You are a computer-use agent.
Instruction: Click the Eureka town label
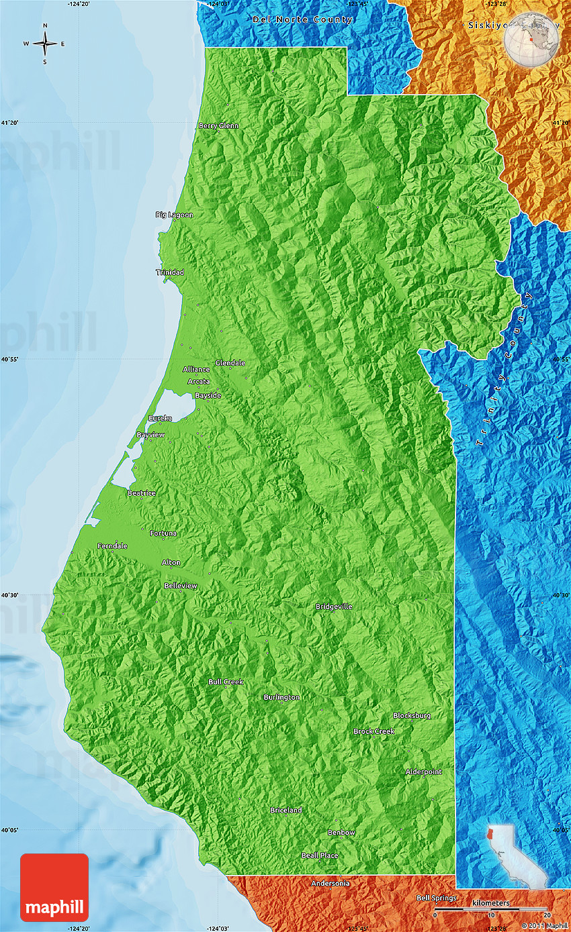click(x=160, y=418)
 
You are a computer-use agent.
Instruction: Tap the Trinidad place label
click(x=170, y=272)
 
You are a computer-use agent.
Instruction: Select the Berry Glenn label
click(x=218, y=125)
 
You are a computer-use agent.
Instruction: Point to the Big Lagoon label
click(x=174, y=215)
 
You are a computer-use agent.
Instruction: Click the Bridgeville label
click(x=334, y=607)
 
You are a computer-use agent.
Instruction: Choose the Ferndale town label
click(x=112, y=546)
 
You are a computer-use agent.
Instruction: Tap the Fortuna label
click(x=163, y=533)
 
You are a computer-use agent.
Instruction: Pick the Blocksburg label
click(x=412, y=715)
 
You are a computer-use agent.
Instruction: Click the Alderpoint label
click(x=424, y=772)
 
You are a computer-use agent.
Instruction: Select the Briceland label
click(x=286, y=810)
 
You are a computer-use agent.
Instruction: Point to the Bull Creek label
click(x=226, y=682)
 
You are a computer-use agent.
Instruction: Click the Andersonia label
click(x=331, y=883)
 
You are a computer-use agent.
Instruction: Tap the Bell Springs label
click(x=437, y=898)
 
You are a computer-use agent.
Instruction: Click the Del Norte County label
click(x=302, y=19)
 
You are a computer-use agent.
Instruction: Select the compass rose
click(x=45, y=44)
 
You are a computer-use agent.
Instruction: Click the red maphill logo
click(x=54, y=886)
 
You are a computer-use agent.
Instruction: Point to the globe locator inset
click(x=531, y=40)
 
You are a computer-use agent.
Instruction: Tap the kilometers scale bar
click(x=491, y=911)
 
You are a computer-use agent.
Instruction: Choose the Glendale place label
click(x=230, y=363)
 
